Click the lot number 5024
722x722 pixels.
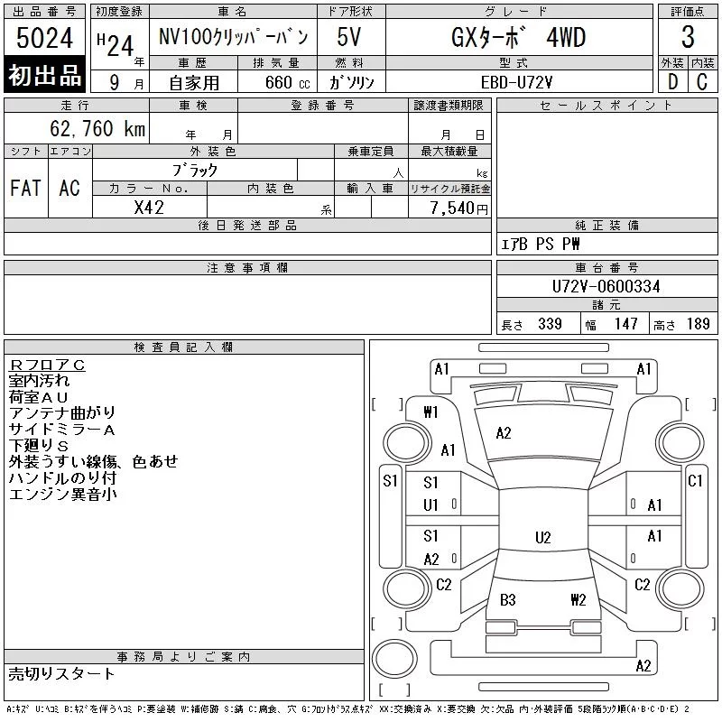point(44,38)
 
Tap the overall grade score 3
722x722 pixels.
point(688,37)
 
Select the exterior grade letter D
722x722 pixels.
point(672,82)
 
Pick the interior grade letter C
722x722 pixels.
point(702,82)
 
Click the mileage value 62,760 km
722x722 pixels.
point(97,128)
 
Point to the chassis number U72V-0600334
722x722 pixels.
point(606,286)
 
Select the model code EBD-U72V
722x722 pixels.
point(516,82)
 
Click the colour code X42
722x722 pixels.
point(149,208)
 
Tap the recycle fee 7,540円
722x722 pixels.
point(459,208)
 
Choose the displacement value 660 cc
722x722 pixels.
point(287,83)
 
